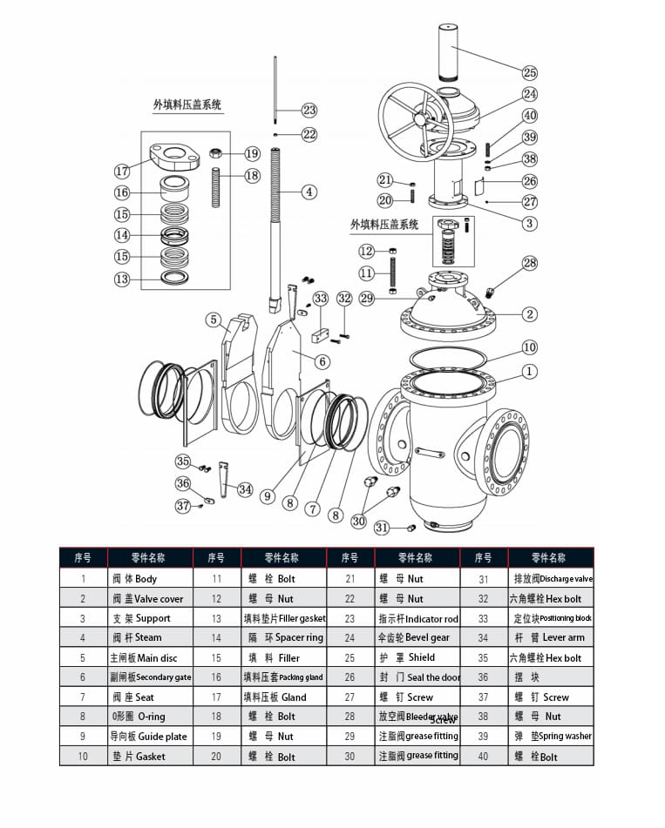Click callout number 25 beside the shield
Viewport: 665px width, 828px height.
click(530, 72)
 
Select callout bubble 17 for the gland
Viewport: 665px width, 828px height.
click(123, 172)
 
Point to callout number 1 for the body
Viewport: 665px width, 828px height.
click(530, 372)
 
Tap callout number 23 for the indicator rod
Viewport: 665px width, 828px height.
click(309, 110)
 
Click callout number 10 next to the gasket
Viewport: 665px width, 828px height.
click(530, 347)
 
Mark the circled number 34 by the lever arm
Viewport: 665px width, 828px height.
click(246, 490)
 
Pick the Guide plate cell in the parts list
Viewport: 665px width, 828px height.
click(148, 736)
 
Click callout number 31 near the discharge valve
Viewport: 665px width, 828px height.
click(382, 528)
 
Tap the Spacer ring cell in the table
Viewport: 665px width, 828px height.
click(283, 637)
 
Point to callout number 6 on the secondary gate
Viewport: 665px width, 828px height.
click(322, 361)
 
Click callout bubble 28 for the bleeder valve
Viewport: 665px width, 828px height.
click(530, 263)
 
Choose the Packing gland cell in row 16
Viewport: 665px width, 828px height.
click(283, 677)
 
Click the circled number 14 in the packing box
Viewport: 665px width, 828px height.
click(123, 235)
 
